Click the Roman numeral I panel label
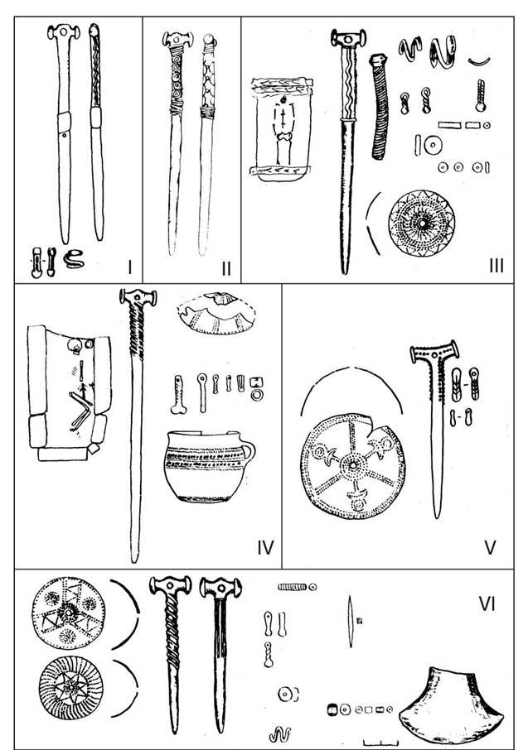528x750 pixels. (129, 267)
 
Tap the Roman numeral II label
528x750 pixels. (226, 268)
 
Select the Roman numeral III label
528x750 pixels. (497, 266)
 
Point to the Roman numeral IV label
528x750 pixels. (265, 547)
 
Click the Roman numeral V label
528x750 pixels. (490, 547)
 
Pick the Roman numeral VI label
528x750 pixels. (487, 604)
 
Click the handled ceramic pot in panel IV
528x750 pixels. (209, 466)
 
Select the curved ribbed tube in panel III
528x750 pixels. (380, 106)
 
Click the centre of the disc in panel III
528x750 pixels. (422, 224)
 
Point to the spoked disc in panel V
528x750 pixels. (352, 466)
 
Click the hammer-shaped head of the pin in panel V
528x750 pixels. (434, 352)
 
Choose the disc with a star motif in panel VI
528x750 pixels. (70, 688)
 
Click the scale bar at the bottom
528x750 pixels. (381, 743)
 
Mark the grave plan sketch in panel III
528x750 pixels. (281, 129)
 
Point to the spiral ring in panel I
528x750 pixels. (75, 259)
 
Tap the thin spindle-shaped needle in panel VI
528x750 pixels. (351, 621)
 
